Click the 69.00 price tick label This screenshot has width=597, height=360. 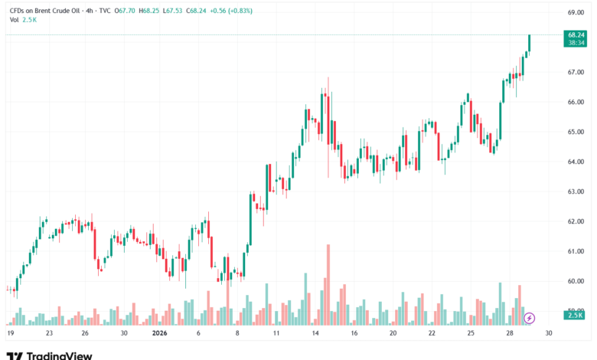coord(576,12)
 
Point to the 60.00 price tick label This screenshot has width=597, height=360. coord(576,281)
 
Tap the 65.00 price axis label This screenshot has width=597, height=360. coord(576,132)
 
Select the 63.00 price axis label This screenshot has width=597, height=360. coord(576,191)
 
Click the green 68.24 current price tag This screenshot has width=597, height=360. coord(576,35)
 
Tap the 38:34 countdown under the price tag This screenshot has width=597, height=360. coord(576,43)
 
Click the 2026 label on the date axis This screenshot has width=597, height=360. coord(160,333)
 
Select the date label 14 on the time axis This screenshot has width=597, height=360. coord(315,333)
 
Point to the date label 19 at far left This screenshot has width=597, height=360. coord(11,333)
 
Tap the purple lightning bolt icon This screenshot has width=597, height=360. coord(529,317)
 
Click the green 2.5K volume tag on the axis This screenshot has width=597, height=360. coord(576,315)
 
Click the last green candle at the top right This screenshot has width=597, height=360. coord(530,44)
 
